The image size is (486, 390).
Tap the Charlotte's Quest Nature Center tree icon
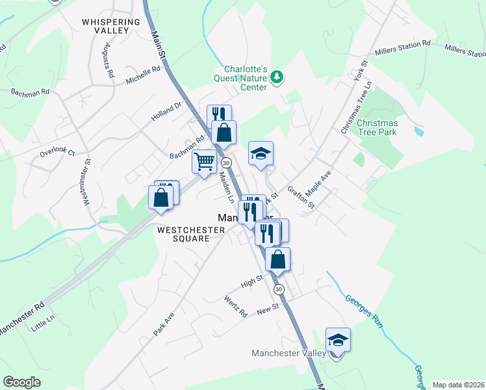click(277, 77)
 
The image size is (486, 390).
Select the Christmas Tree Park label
click(377, 127)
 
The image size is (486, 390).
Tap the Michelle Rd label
click(143, 73)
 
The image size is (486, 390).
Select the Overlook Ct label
click(57, 151)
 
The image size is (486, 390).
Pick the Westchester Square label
click(183, 234)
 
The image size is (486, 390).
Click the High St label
click(251, 283)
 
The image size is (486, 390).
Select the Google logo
click(21, 382)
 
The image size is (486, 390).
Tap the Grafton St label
click(301, 198)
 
